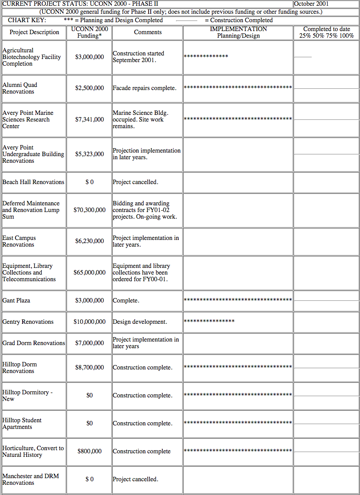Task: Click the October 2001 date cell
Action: [x=312, y=4]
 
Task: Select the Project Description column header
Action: [x=34, y=32]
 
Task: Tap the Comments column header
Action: [x=148, y=32]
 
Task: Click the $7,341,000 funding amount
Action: [x=90, y=120]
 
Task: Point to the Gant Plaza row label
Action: [x=16, y=301]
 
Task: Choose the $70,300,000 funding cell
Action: [x=90, y=210]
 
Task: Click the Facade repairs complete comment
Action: [x=145, y=88]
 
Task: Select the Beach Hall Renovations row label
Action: [x=33, y=182]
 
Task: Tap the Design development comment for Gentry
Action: [x=140, y=322]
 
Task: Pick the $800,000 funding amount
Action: [x=90, y=452]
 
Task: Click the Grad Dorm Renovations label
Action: [x=34, y=343]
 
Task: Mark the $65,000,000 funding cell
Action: [x=90, y=272]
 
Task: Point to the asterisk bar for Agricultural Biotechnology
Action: [x=206, y=57]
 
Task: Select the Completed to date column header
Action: [x=326, y=32]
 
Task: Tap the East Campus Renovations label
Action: [x=19, y=241]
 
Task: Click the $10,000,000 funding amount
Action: [x=90, y=322]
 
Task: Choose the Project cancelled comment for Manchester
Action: [x=135, y=479]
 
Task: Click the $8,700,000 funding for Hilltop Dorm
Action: [x=90, y=368]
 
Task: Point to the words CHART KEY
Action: [x=27, y=20]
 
